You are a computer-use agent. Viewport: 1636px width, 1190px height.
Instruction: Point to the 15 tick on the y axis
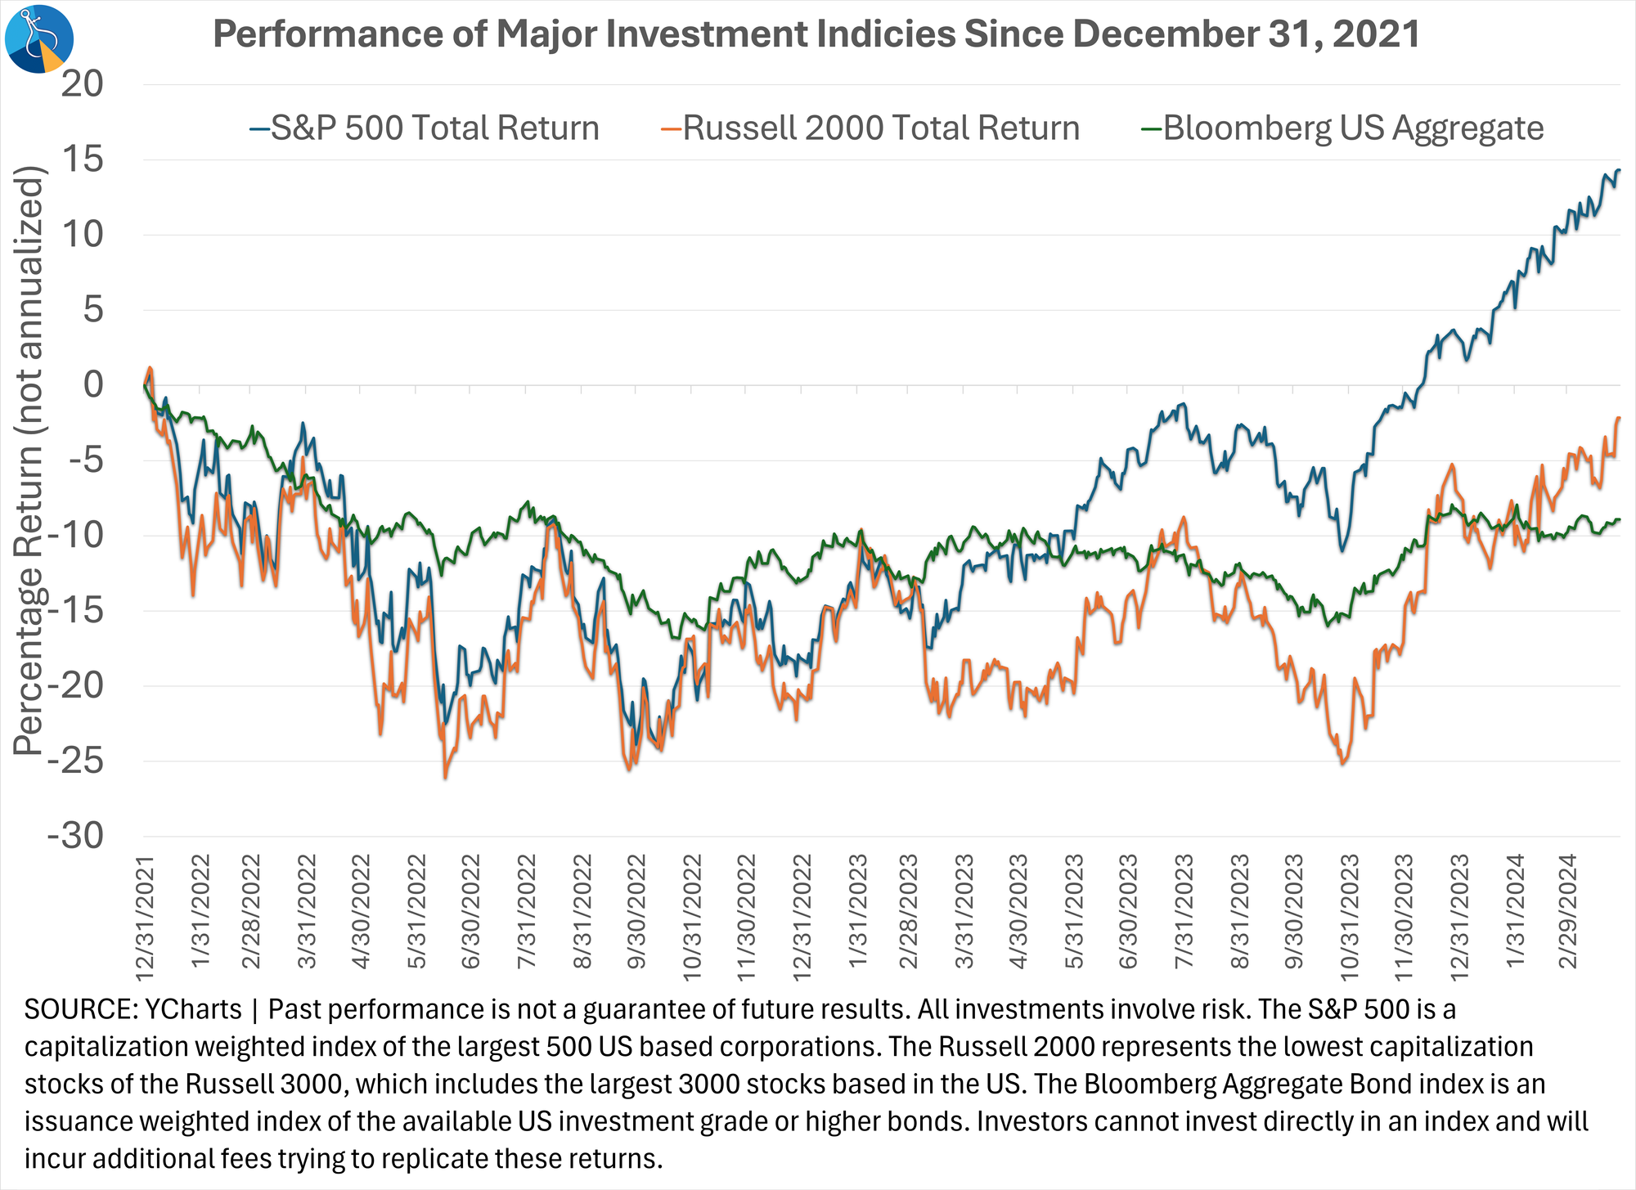pos(83,159)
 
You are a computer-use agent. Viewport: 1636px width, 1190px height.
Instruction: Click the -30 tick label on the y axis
pos(76,836)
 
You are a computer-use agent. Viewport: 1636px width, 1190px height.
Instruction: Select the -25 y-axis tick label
pos(76,761)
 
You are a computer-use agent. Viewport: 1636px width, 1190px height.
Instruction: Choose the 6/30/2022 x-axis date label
pos(473,912)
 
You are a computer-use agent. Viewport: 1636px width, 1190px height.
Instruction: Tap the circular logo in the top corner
pos(39,38)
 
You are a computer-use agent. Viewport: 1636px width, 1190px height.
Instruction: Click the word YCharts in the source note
pos(193,1010)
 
